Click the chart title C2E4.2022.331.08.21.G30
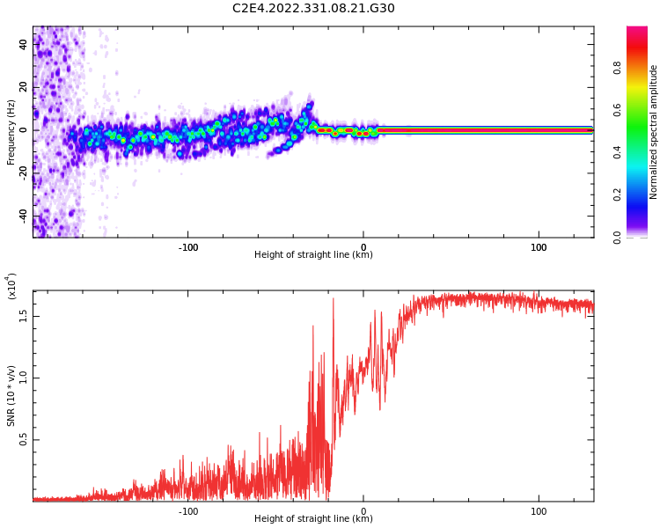(x=313, y=8)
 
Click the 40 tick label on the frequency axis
(x=24, y=44)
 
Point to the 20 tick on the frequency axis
(x=24, y=87)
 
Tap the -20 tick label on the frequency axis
(x=24, y=172)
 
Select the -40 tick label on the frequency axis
(x=24, y=216)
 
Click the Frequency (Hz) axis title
(x=11, y=132)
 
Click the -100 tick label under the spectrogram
(x=187, y=247)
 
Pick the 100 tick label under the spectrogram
(x=539, y=247)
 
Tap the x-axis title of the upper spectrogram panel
(x=313, y=255)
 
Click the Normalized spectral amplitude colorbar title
(x=654, y=132)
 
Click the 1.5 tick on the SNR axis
(x=24, y=315)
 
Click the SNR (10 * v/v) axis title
(x=11, y=396)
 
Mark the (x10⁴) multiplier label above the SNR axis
(x=11, y=286)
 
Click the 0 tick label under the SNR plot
(x=363, y=511)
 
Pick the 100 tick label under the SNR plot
(x=539, y=511)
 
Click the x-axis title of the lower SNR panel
(x=313, y=519)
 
